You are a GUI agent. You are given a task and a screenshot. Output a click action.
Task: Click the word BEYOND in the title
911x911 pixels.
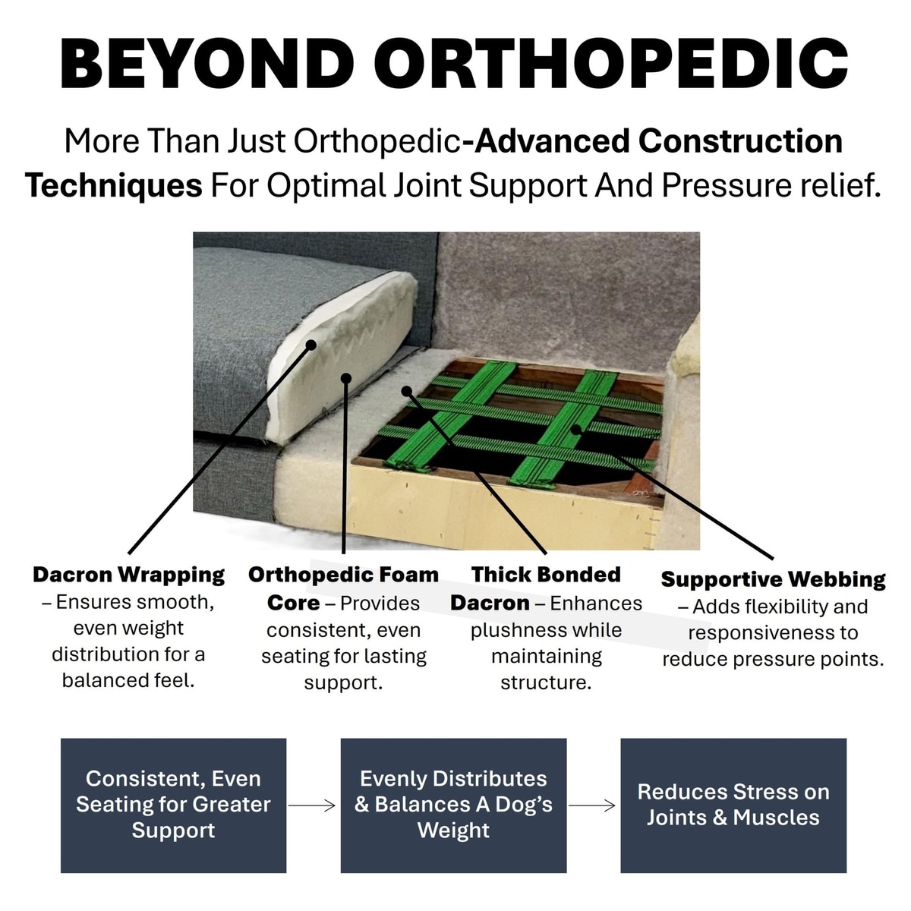point(207,63)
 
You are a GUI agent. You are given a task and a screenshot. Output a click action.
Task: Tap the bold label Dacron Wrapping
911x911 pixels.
point(128,575)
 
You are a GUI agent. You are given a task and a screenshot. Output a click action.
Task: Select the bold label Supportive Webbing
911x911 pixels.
point(774,580)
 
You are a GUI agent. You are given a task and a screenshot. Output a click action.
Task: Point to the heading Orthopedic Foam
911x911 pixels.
point(344,575)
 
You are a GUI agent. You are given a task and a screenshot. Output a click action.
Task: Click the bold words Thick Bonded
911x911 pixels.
point(546,575)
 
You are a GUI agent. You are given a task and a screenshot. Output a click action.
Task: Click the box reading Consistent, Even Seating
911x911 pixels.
point(174,805)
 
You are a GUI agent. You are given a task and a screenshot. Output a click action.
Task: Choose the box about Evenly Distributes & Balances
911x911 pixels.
point(453,805)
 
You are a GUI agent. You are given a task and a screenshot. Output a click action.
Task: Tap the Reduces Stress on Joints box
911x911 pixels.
point(733,805)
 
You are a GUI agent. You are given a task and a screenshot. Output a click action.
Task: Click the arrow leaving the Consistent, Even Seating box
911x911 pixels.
point(312,805)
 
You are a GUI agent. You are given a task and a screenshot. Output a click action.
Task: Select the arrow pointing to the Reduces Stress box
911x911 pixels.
point(592,805)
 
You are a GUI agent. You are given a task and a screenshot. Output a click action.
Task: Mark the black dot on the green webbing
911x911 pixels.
point(575,430)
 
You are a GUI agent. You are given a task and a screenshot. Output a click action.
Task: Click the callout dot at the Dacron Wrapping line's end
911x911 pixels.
point(310,345)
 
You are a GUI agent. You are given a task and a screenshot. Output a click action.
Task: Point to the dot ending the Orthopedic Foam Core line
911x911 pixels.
point(346,378)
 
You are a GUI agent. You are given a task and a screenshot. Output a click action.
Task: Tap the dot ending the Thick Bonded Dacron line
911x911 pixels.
point(406,391)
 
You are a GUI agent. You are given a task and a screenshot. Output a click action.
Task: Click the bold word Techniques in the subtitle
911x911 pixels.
point(114,186)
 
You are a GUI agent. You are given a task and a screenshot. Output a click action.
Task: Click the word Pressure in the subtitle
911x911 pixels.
point(727,186)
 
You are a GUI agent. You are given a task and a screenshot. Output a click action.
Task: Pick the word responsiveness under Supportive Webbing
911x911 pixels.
point(766,634)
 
